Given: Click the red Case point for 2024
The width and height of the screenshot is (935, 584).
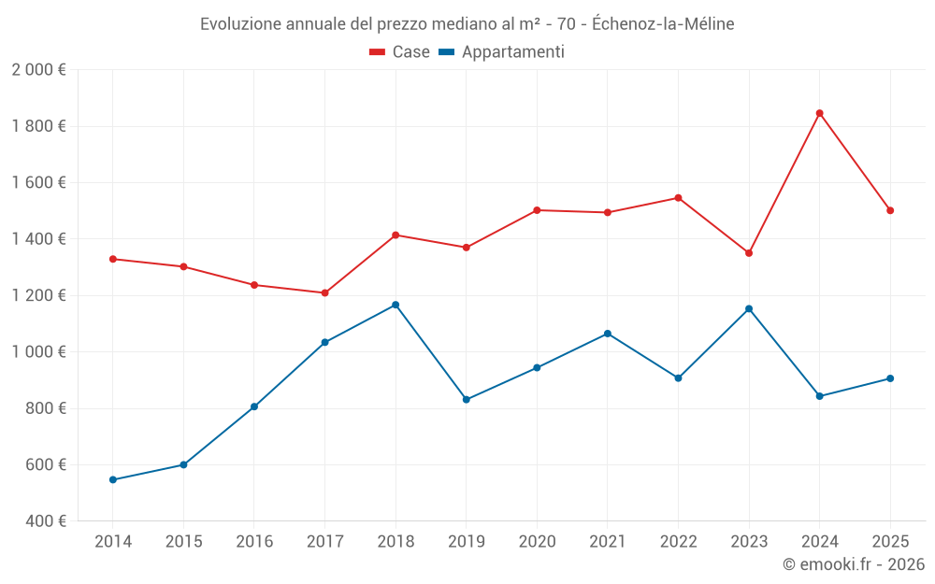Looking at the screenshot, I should pyautogui.click(x=819, y=113).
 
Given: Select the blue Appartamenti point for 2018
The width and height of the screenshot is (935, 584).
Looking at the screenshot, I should pyautogui.click(x=396, y=305).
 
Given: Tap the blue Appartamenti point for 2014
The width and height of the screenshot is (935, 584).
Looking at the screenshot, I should pyautogui.click(x=113, y=479).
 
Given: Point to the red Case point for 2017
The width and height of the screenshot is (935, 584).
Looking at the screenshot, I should pyautogui.click(x=324, y=292).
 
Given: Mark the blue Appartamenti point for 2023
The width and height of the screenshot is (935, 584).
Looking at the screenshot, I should pyautogui.click(x=749, y=308).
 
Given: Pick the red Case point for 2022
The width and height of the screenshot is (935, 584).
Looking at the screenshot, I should pyautogui.click(x=678, y=198).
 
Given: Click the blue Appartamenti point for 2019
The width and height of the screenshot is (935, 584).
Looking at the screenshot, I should pyautogui.click(x=467, y=399).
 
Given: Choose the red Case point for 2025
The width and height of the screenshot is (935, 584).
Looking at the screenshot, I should pyautogui.click(x=890, y=210).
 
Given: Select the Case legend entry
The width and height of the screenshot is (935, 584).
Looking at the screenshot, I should pyautogui.click(x=400, y=52).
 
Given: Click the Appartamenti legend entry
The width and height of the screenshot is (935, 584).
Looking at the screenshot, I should pyautogui.click(x=502, y=52).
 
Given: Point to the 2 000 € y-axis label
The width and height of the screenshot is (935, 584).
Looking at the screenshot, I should pyautogui.click(x=38, y=70).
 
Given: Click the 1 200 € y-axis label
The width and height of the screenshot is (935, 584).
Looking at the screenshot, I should pyautogui.click(x=38, y=295).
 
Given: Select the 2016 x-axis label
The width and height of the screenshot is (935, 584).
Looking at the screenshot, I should pyautogui.click(x=254, y=542).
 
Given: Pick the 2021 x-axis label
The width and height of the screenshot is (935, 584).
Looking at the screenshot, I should pyautogui.click(x=608, y=542).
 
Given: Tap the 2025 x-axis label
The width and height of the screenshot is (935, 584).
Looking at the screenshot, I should pyautogui.click(x=890, y=542).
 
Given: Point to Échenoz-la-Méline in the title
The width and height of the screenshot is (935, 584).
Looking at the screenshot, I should pyautogui.click(x=663, y=24).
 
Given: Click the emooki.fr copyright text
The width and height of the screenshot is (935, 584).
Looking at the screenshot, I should pyautogui.click(x=854, y=564).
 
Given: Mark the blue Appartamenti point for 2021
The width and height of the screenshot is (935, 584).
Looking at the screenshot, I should pyautogui.click(x=608, y=334).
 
